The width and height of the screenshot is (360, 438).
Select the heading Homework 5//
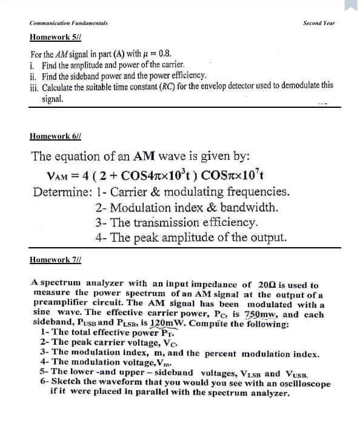(x=50, y=38)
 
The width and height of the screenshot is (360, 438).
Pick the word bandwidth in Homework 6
(x=250, y=207)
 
